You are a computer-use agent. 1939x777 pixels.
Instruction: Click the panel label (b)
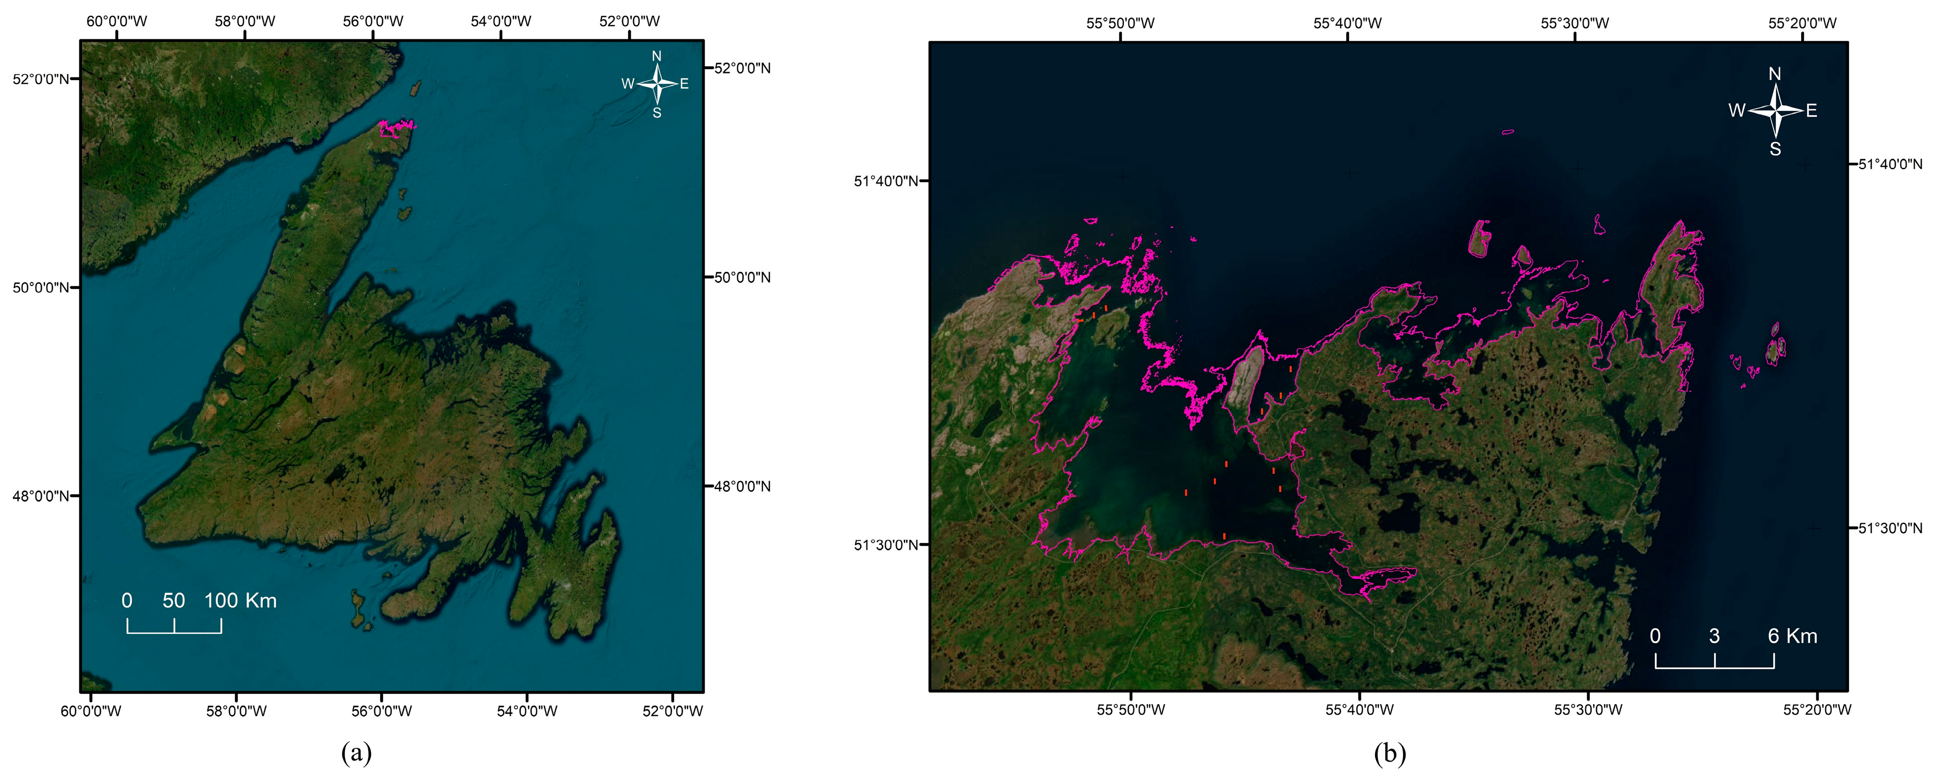pos(1389,753)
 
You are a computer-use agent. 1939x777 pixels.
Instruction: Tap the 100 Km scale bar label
pos(241,601)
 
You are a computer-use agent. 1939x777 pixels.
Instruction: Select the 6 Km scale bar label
pos(1792,636)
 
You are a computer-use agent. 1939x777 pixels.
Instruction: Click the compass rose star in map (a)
pos(657,84)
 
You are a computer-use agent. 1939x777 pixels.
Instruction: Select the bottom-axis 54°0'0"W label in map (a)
pos(527,711)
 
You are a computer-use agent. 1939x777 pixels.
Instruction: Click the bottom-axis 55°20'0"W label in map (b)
pos(1817,709)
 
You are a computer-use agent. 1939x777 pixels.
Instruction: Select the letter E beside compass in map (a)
pos(684,84)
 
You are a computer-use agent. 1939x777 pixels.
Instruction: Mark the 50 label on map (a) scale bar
pos(173,601)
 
